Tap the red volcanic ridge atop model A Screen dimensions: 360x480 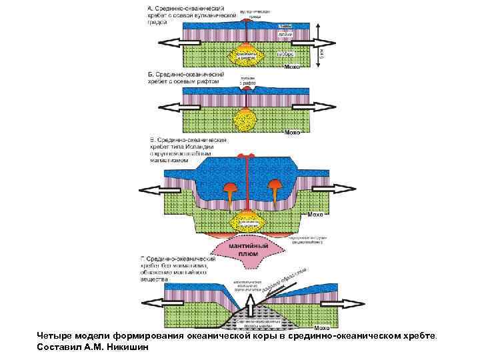pos(247,21)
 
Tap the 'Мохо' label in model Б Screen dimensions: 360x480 pos(292,133)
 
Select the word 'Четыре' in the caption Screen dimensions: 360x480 pos(55,336)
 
